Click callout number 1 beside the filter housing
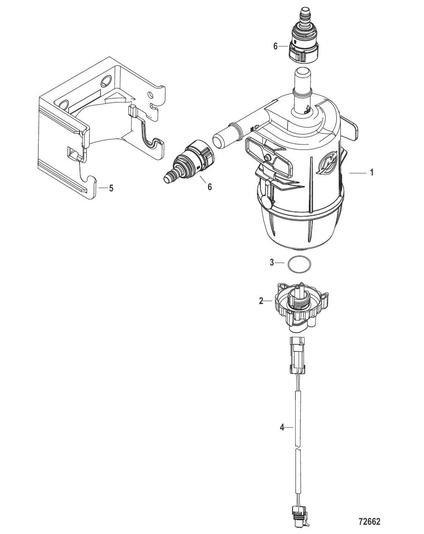pyautogui.click(x=371, y=173)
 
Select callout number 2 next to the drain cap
pyautogui.click(x=261, y=301)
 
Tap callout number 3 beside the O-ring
pyautogui.click(x=272, y=263)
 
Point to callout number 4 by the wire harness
pyautogui.click(x=282, y=427)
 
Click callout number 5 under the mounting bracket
pyautogui.click(x=111, y=188)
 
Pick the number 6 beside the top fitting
pyautogui.click(x=275, y=46)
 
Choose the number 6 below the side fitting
pyautogui.click(x=210, y=187)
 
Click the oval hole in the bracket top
pyautogui.click(x=107, y=80)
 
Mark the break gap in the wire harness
pyautogui.click(x=297, y=447)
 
